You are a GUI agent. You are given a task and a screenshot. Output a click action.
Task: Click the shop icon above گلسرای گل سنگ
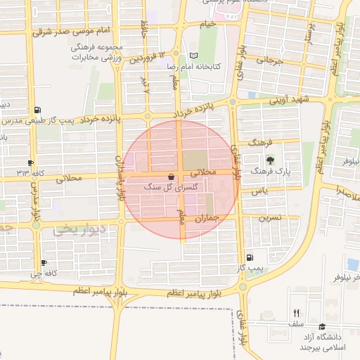pyautogui.click(x=172, y=176)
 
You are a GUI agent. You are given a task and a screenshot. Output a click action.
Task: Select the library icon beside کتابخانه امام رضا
pyautogui.click(x=195, y=56)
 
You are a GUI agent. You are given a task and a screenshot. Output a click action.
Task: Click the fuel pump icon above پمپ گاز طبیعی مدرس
pyautogui.click(x=37, y=110)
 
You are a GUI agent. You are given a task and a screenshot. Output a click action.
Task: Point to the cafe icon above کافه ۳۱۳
pyautogui.click(x=30, y=162)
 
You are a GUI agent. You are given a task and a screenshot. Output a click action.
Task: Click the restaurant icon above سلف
pyautogui.click(x=296, y=313)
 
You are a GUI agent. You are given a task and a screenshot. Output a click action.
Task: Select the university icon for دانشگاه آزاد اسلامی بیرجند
pyautogui.click(x=322, y=327)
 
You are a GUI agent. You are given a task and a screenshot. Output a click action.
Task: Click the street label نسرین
pyautogui.click(x=271, y=218)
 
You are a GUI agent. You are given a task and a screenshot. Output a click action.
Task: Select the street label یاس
pyautogui.click(x=261, y=191)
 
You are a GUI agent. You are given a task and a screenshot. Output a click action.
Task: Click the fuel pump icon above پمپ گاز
pyautogui.click(x=251, y=258)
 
